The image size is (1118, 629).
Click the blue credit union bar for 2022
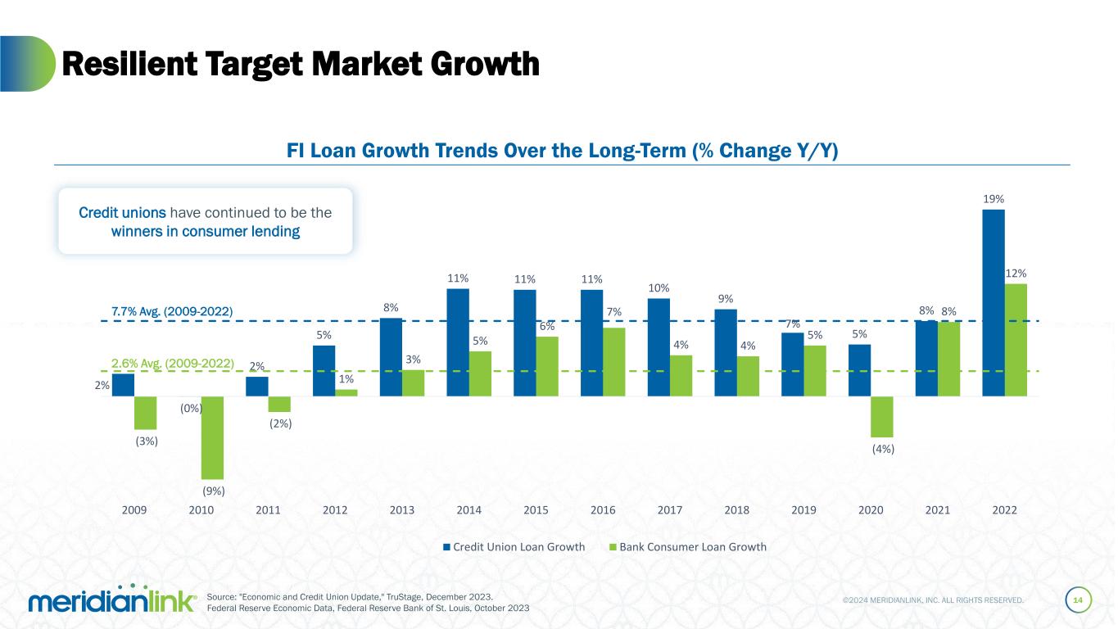point(993,302)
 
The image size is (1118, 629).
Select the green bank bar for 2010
point(212,437)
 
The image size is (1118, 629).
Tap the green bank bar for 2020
point(882,416)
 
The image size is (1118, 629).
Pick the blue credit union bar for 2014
point(458,342)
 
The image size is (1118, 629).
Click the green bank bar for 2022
point(1016,340)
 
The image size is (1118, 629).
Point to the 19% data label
point(994,199)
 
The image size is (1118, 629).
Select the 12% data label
point(1016,273)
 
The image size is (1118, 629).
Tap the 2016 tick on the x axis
point(603,509)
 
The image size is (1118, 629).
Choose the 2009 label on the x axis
point(134,509)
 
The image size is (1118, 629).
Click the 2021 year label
point(938,509)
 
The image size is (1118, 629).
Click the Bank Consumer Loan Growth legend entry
point(687,547)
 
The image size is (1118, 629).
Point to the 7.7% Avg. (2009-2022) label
point(172,311)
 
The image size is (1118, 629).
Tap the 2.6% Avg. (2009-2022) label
point(172,362)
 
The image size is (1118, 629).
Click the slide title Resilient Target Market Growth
point(301,64)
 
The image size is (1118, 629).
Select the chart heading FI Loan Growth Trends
point(562,152)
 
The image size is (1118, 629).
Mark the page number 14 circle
point(1078,601)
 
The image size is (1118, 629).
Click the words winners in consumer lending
point(205,232)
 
